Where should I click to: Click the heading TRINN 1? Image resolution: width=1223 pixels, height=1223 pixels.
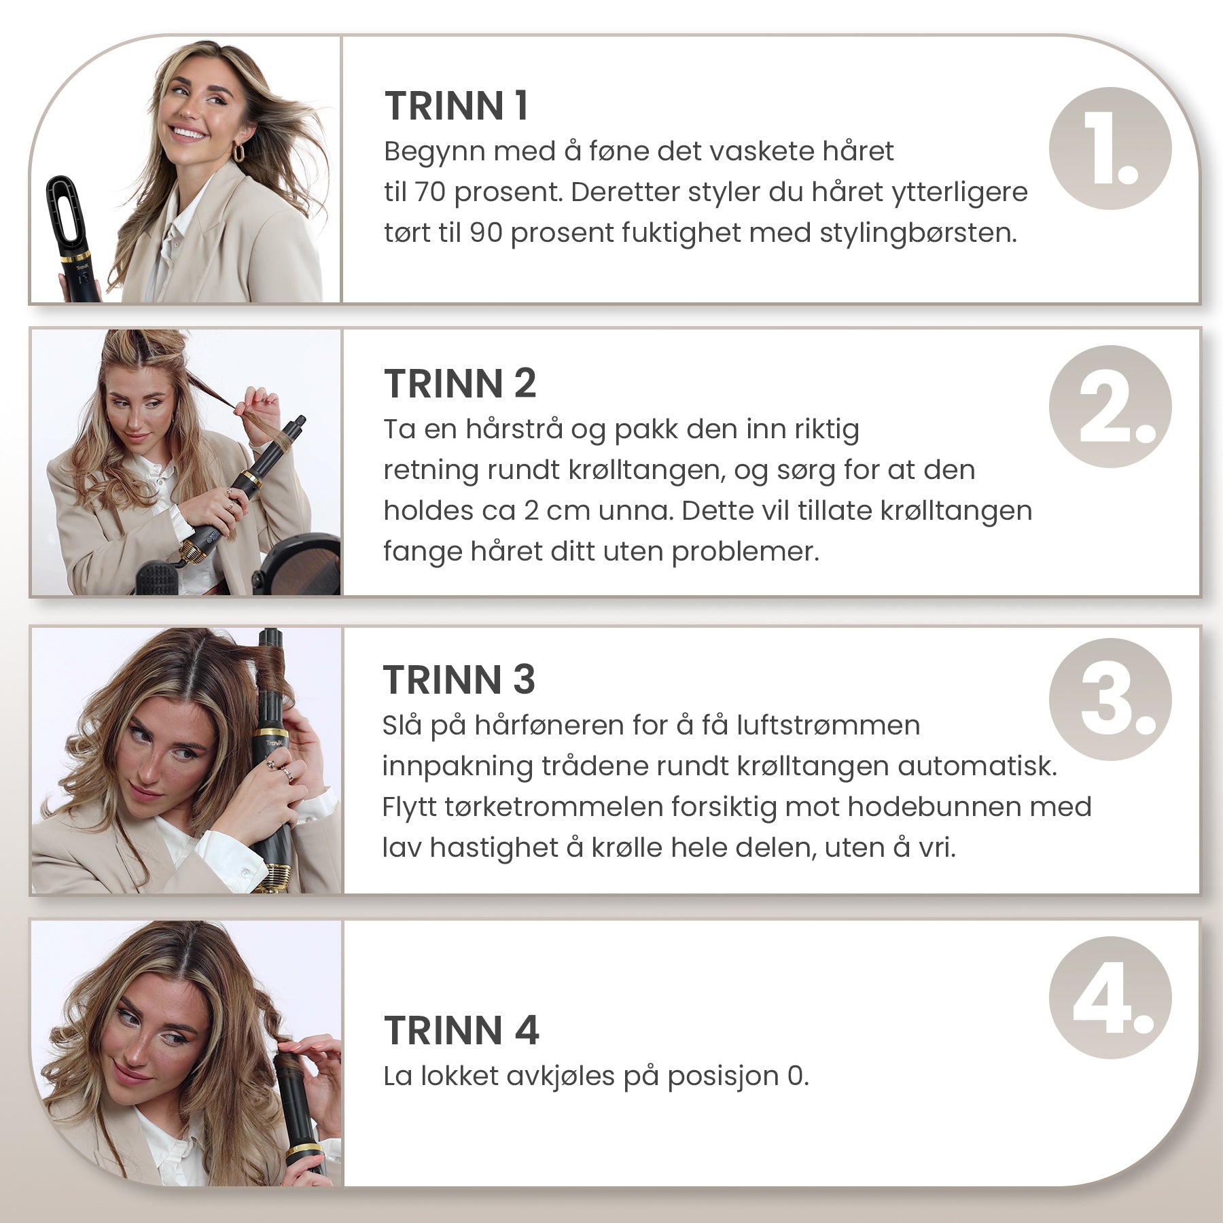tap(457, 106)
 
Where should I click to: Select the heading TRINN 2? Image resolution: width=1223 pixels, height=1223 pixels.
tap(460, 383)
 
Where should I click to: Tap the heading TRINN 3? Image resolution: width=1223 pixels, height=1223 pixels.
tap(459, 679)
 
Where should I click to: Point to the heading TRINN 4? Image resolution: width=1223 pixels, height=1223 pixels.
tap(461, 1030)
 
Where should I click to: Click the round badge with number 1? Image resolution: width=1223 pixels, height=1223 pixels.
tap(1110, 148)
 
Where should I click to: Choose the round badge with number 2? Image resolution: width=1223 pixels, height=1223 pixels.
tap(1110, 406)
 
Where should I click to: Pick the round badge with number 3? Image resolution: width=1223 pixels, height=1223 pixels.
tap(1110, 699)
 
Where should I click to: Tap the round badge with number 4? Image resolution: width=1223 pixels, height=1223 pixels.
tap(1110, 997)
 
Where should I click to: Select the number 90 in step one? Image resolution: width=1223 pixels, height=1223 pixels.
tap(486, 233)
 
